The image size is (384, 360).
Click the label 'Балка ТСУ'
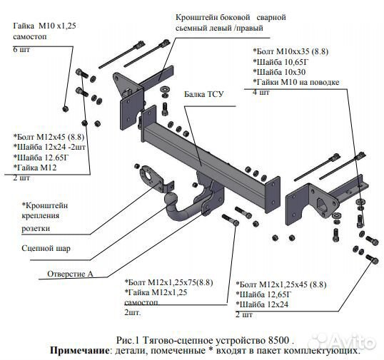203,93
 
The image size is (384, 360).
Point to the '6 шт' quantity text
21,49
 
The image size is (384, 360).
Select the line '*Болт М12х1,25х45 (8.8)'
281,284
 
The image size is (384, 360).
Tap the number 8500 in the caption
298,340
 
